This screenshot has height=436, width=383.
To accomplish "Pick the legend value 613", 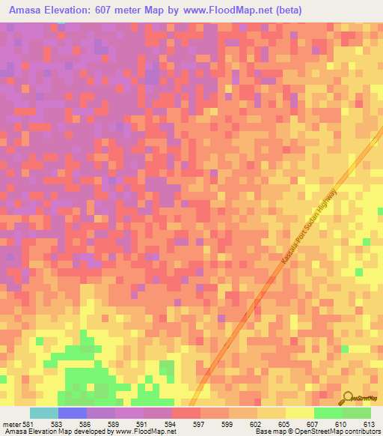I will [370, 424].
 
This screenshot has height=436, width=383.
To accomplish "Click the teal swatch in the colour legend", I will [44, 413].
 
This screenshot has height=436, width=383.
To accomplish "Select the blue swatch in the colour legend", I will [73, 413].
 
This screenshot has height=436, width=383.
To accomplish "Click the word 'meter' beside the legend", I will [11, 424].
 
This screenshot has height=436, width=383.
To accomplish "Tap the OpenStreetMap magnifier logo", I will [349, 398].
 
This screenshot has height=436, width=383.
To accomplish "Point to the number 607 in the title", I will [120, 10].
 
